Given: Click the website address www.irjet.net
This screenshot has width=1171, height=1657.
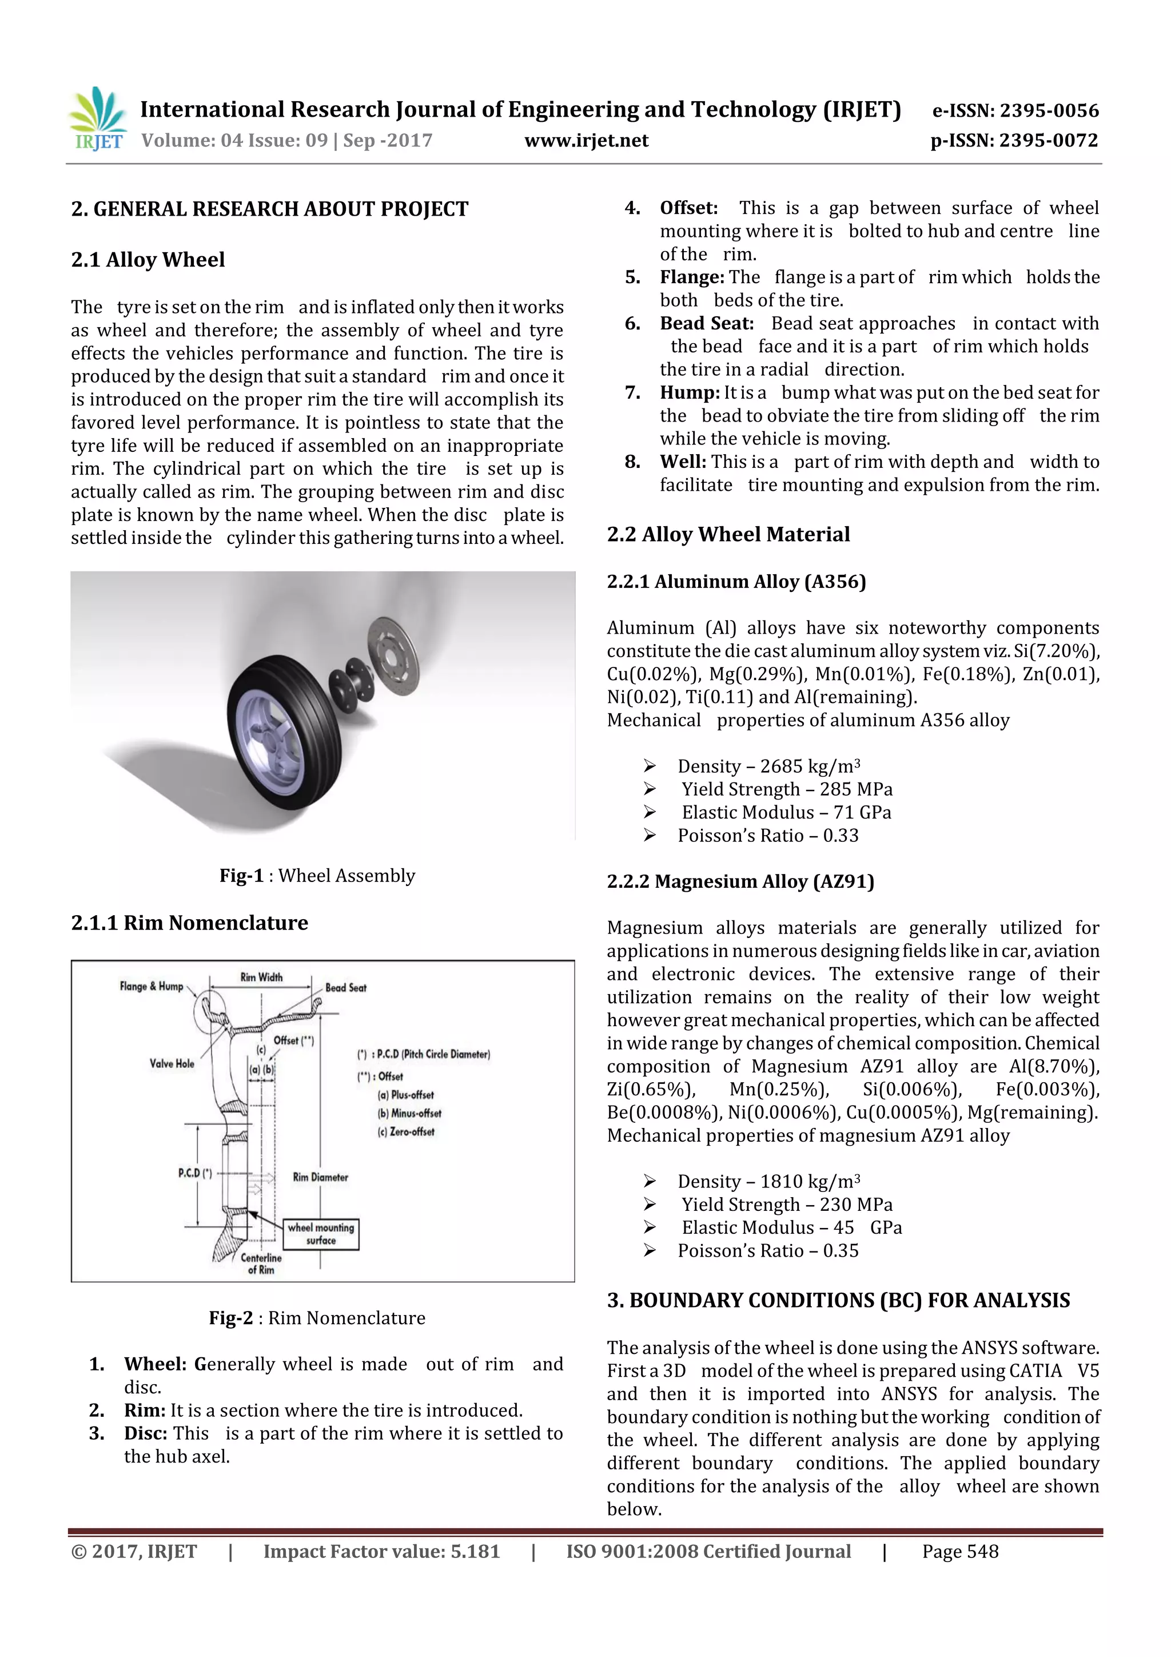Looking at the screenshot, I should coord(586,141).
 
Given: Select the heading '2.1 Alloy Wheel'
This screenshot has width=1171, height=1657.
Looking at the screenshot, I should coord(148,260).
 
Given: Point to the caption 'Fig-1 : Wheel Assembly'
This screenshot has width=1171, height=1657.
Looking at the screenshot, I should coord(317,876).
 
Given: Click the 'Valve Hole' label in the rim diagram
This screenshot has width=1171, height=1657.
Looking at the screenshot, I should coord(172,1063).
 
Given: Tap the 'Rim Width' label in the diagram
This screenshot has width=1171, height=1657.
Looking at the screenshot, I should coord(261,977).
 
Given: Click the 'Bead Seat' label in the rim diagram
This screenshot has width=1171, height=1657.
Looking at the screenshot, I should coord(345,987).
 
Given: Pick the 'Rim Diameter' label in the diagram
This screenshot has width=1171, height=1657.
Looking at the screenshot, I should coord(320,1177).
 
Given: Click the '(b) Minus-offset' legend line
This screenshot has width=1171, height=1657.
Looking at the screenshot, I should coord(409,1113).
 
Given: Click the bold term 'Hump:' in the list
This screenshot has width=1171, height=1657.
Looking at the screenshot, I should coord(689,392).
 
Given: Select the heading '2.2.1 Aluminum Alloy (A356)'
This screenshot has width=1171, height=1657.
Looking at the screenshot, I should coord(736,582).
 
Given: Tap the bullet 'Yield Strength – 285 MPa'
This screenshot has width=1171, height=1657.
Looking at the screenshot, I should coord(786,789).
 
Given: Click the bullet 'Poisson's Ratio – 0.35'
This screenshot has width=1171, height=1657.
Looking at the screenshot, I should coord(768,1251).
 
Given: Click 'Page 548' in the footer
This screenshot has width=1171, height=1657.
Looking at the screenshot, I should coord(959,1552).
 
